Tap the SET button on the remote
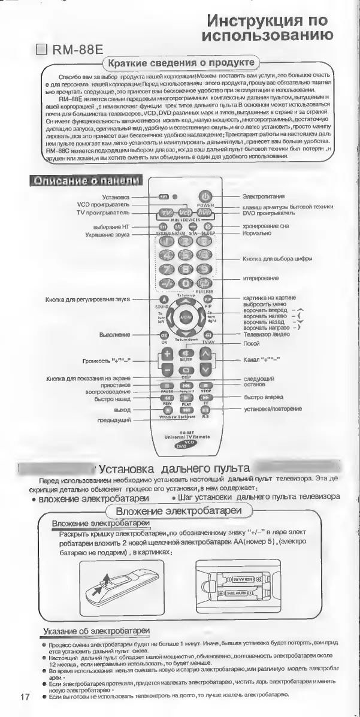point(162,196)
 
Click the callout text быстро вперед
point(263,397)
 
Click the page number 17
point(25,697)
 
